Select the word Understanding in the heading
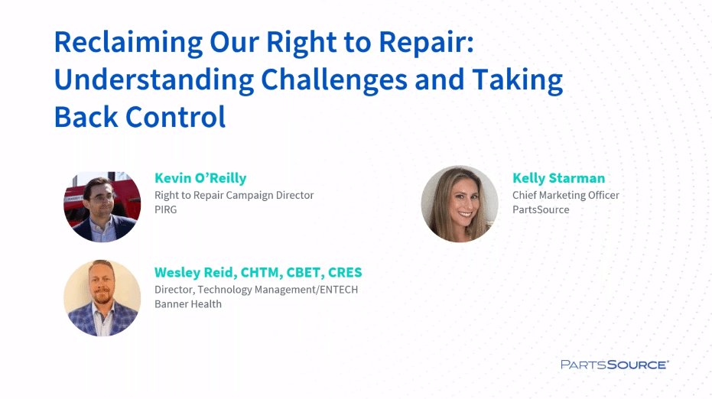(x=154, y=81)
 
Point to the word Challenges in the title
(x=333, y=81)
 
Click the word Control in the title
(x=175, y=117)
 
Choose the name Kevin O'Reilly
(x=200, y=178)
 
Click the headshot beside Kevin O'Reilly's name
(x=102, y=206)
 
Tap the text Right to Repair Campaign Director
(x=234, y=195)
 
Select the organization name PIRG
(x=165, y=209)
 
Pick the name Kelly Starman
(x=558, y=178)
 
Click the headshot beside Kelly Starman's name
(x=460, y=204)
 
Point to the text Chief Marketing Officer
(x=566, y=195)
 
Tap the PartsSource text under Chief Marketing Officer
(x=541, y=209)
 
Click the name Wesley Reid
(x=195, y=272)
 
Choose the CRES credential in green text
(x=345, y=272)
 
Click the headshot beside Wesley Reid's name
(x=102, y=298)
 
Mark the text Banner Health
(x=188, y=304)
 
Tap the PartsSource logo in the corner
(x=615, y=365)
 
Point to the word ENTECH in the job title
(x=339, y=290)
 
